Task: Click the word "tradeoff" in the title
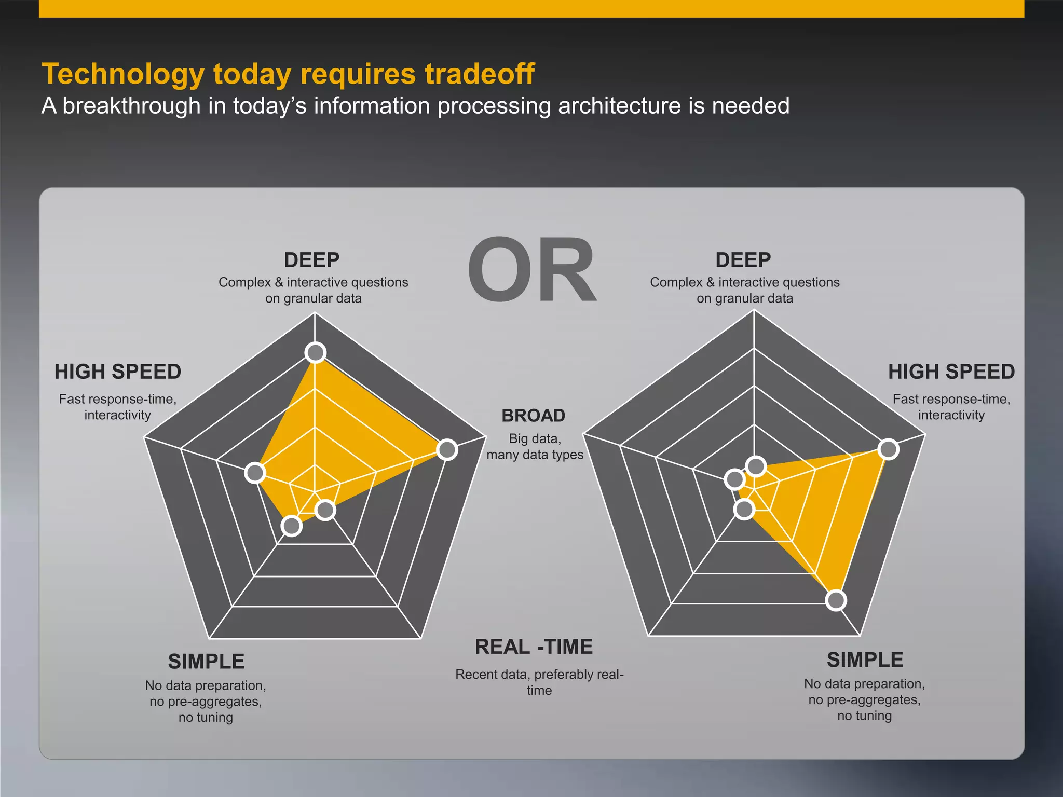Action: [480, 74]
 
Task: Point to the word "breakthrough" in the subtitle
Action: [131, 106]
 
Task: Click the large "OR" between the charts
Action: [532, 270]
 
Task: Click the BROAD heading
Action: [533, 416]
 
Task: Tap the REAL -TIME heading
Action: [534, 647]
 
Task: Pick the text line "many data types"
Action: [535, 455]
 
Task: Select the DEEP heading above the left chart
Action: [311, 259]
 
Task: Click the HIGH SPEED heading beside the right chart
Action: [951, 372]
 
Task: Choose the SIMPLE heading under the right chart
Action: [865, 660]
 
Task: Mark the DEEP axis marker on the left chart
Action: [316, 353]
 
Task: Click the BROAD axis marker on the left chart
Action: [447, 449]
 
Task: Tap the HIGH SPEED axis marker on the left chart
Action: [255, 473]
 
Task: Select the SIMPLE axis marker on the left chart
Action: [292, 526]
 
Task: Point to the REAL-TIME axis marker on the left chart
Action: [325, 510]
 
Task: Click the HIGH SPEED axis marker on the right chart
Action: [889, 449]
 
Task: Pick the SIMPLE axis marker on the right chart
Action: [836, 600]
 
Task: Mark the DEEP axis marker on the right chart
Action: [756, 466]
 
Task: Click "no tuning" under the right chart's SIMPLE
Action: [864, 716]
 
